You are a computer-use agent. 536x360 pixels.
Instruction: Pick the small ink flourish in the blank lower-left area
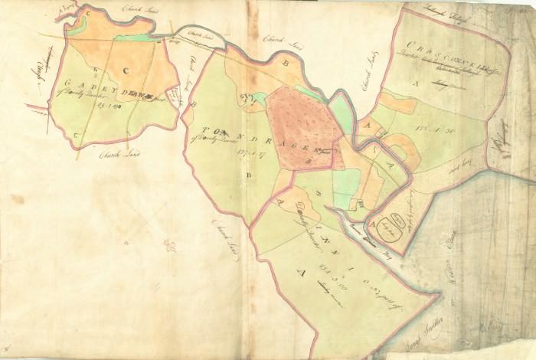tap(170, 247)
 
